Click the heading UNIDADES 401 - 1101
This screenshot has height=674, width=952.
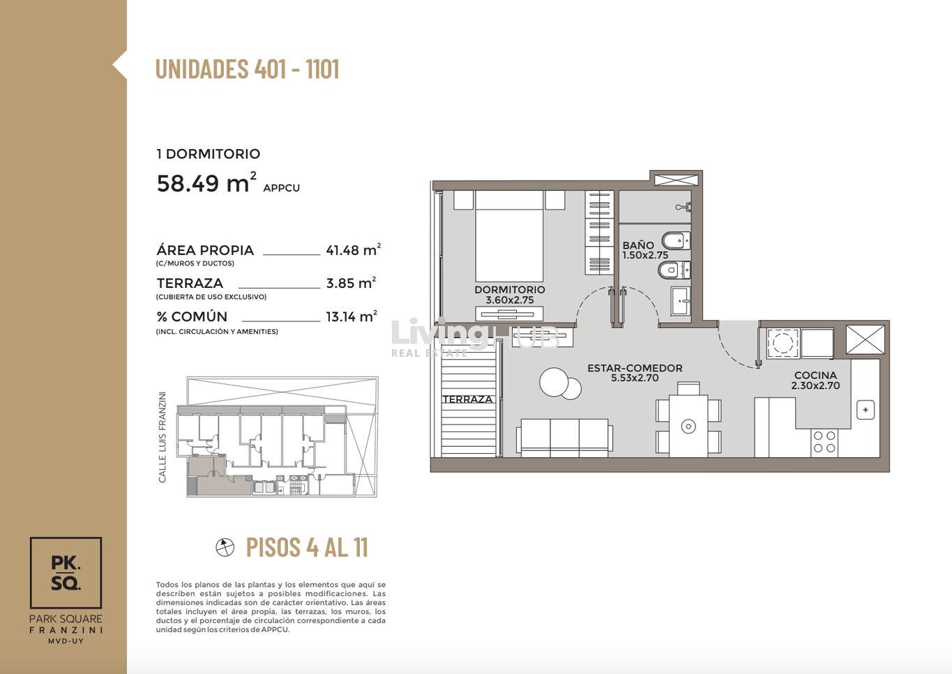coord(248,68)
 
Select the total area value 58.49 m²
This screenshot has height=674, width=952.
coord(206,183)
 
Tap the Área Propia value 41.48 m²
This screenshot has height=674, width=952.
coord(353,250)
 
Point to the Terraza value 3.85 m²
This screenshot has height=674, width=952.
coord(351,283)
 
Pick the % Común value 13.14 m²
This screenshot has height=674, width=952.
coord(352,316)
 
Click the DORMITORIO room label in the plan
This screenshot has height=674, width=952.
coord(510,290)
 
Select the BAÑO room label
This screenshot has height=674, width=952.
coord(638,245)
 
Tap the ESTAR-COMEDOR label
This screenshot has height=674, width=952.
coord(635,368)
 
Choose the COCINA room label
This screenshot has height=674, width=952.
coord(815,375)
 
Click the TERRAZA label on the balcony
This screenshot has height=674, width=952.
coord(467,399)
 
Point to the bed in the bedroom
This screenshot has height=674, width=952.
coord(509,236)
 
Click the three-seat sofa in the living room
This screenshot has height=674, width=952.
coord(564,438)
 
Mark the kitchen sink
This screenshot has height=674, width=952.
coord(866,410)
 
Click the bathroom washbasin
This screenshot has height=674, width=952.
coord(681,301)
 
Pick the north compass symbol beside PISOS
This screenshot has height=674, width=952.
coord(225,547)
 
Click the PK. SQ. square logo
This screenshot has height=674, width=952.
coord(66,572)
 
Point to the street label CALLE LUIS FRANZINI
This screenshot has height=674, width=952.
coord(162,437)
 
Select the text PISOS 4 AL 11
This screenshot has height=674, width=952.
coord(307,547)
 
